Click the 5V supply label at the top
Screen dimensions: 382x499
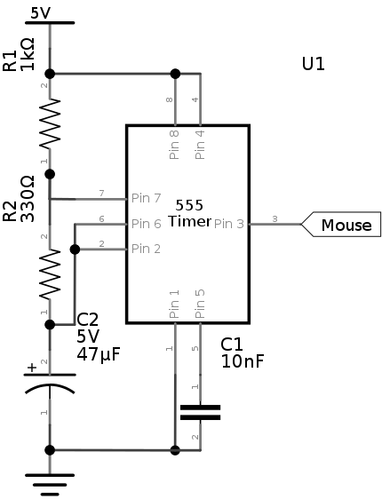pos(41,13)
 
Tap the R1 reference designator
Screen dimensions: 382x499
pos(10,60)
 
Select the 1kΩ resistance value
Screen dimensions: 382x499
pos(27,54)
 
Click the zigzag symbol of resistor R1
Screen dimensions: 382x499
pos(50,123)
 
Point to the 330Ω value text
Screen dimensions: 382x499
pos(27,199)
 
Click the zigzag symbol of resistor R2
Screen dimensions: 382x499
pos(50,274)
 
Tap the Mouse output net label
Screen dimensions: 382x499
pos(346,225)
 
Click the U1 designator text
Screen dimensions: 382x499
pos(314,64)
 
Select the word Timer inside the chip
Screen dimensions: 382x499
pos(190,221)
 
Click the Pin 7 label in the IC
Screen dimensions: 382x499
pos(146,198)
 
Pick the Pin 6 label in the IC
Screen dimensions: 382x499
pos(146,224)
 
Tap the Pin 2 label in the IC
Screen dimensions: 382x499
pos(146,249)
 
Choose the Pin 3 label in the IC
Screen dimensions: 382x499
pos(229,224)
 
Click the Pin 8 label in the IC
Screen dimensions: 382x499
pos(174,145)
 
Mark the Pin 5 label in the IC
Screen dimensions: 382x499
pos(200,304)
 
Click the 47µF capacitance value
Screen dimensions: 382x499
pos(99,353)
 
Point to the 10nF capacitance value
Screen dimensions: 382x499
pos(243,361)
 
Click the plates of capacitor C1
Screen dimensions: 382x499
pos(200,413)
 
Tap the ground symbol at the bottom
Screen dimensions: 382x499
pos(50,485)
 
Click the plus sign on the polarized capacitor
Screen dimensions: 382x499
pos(32,368)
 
